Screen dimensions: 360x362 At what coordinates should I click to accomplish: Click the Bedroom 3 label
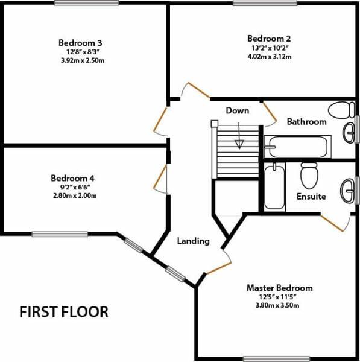80,43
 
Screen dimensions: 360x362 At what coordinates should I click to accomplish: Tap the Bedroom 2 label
269,39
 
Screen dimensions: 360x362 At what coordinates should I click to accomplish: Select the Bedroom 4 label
72,178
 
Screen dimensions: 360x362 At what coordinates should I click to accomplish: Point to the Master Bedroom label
280,288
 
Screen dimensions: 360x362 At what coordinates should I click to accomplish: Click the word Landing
194,241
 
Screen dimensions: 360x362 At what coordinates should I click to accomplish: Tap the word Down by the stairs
238,110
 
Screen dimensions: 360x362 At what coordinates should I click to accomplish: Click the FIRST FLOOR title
64,312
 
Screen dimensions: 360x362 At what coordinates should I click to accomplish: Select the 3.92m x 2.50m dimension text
83,60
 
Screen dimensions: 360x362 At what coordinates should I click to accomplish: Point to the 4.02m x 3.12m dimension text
270,56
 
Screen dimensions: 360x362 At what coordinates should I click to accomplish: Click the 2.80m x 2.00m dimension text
75,195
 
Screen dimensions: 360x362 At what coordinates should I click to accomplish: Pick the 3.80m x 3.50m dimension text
277,305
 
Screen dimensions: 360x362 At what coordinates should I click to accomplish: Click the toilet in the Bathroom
341,110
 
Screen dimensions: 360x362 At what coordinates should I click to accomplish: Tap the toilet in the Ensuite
309,176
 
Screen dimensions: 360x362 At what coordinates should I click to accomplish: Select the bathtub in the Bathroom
298,147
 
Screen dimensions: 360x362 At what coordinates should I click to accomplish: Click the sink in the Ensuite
347,191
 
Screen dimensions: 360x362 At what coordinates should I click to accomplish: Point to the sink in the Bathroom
349,133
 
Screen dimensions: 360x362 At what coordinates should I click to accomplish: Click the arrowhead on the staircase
239,145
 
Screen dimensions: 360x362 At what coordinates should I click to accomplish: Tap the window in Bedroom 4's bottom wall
60,234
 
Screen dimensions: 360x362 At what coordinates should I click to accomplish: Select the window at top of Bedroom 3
87,3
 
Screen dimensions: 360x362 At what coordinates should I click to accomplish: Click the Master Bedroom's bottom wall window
276,359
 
